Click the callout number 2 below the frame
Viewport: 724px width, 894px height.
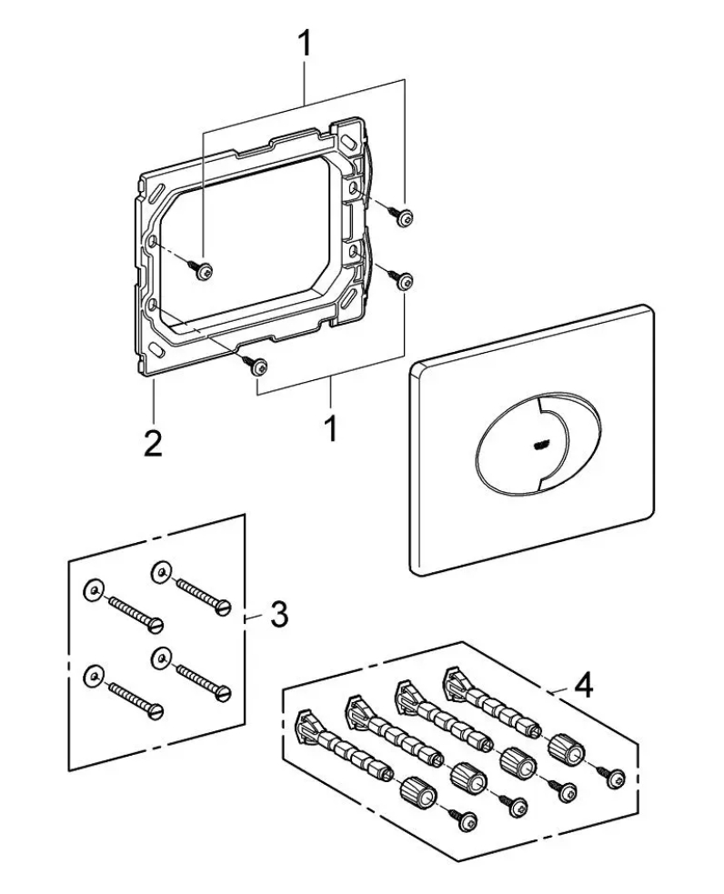(x=152, y=443)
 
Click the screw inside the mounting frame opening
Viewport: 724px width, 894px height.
(x=201, y=269)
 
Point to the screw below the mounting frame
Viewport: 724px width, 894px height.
(x=255, y=364)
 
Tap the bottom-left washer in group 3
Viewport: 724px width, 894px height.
(x=93, y=675)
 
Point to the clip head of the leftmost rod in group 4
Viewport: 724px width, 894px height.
(x=307, y=725)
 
